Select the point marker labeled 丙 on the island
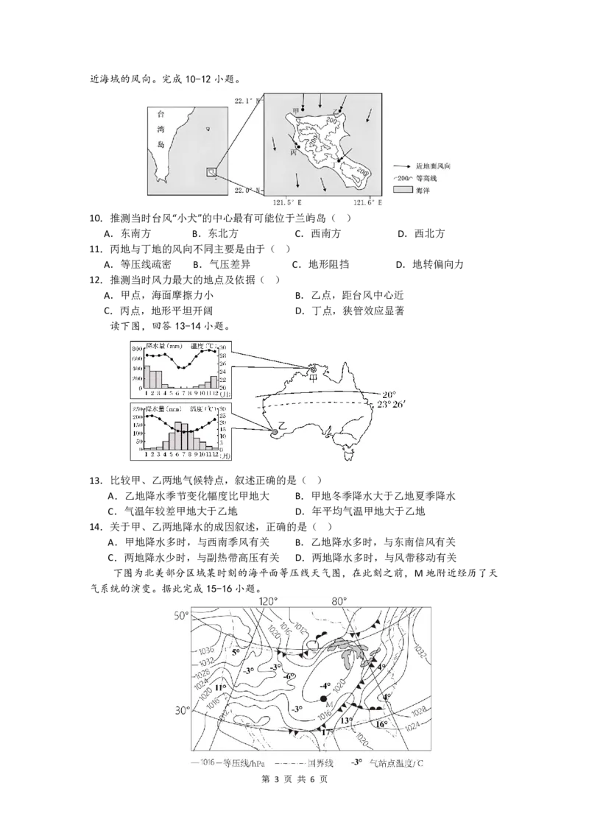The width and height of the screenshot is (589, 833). pos(298,146)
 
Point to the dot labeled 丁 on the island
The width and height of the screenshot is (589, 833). pos(339,160)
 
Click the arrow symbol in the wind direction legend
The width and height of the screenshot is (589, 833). pos(402,167)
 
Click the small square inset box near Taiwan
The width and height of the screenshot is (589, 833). pos(211,171)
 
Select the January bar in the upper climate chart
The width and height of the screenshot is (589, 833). pos(147,376)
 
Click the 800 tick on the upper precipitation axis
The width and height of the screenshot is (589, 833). pos(137,347)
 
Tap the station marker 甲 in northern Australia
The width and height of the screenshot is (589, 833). pos(313,369)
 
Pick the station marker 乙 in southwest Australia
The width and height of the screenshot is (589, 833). pos(275,430)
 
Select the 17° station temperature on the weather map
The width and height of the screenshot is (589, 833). pos(328,731)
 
